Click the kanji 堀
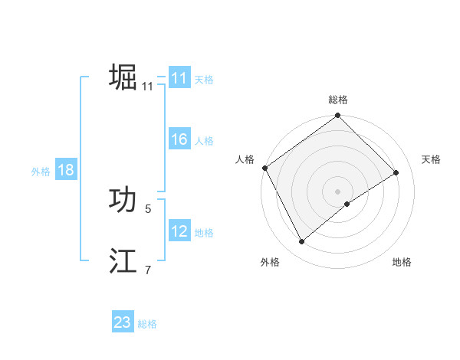pos(123,77)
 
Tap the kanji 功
pos(123,200)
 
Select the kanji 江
pos(123,261)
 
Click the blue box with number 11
pos(179,78)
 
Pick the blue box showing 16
pos(179,140)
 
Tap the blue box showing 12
pos(179,231)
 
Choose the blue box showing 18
pos(66,171)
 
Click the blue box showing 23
pos(123,322)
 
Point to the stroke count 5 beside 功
pos(148,208)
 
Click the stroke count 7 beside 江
pos(148,269)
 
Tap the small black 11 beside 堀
pos(148,86)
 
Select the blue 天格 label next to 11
pos(204,79)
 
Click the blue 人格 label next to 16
pos(204,141)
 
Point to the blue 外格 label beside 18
pos(41,172)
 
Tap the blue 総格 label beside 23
pos(148,324)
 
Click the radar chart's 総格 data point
pos(337,116)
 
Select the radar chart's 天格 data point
pos(396,172)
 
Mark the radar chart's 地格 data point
pos(347,204)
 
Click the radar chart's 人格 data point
pos(264,168)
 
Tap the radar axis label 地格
pos(402,262)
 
